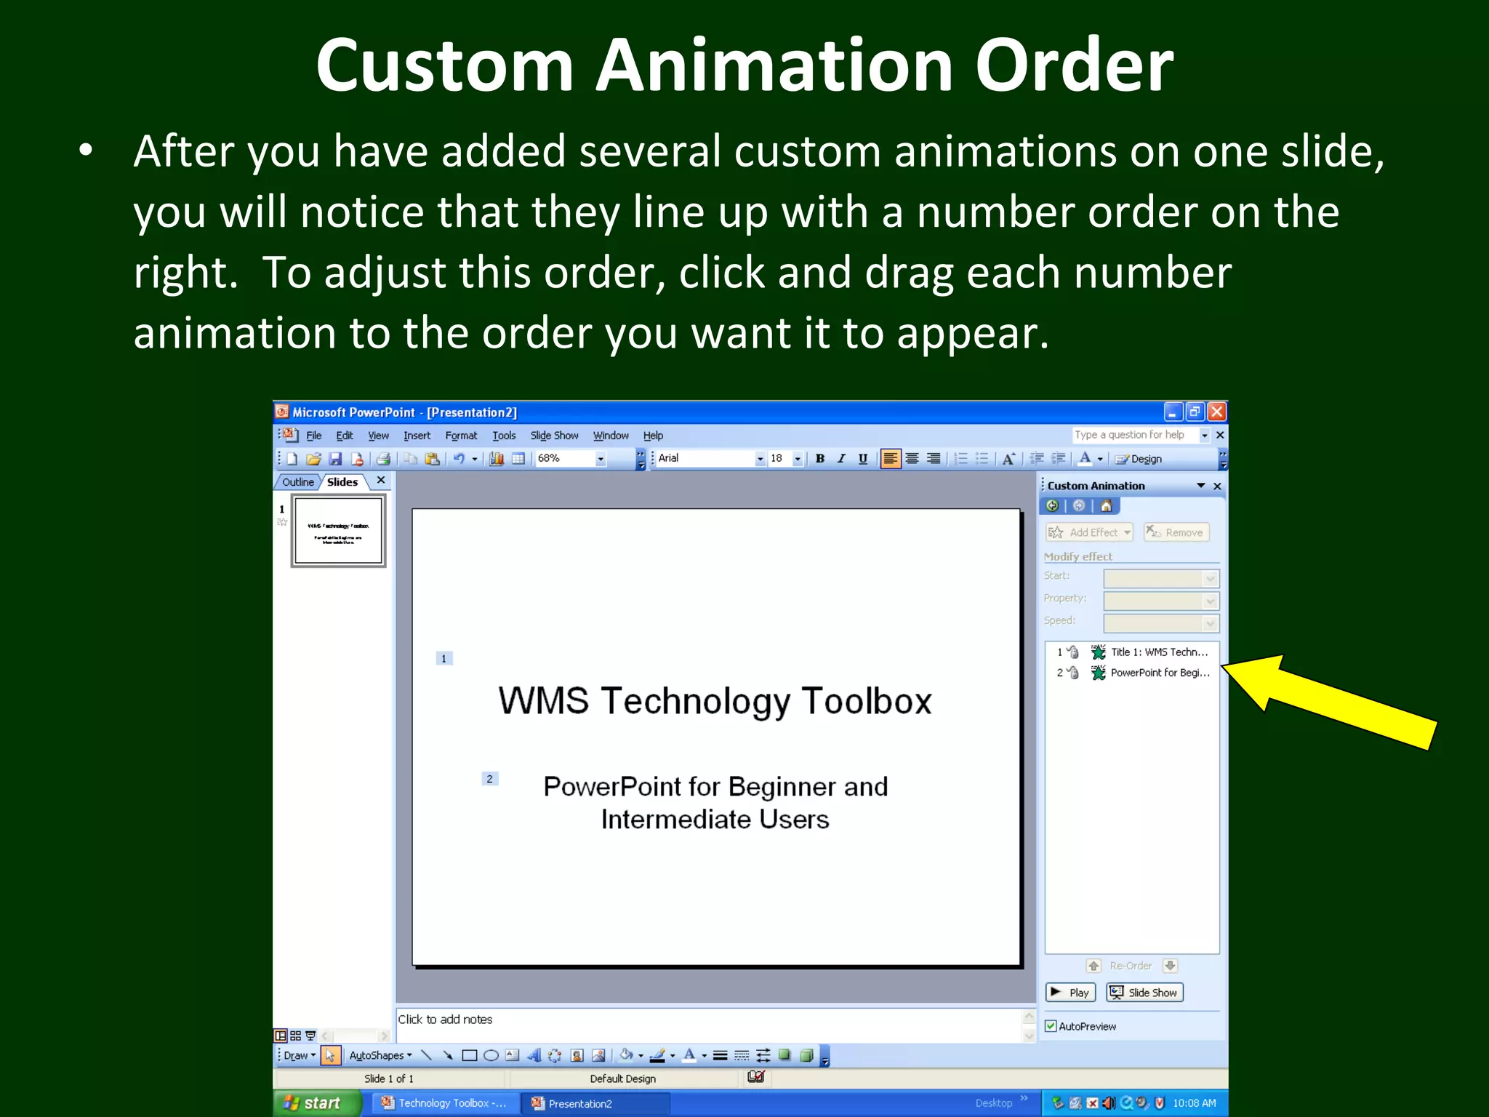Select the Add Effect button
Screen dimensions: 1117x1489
1088,532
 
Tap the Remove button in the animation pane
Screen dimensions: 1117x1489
1176,532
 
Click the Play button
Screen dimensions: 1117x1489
1070,993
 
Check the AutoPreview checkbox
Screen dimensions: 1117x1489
1051,1026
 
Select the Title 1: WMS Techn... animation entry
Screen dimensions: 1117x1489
1158,652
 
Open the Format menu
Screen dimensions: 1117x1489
461,436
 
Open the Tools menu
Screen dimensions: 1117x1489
504,436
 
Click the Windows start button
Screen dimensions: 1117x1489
313,1103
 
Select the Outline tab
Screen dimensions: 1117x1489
298,482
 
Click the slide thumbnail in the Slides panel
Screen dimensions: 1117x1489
338,530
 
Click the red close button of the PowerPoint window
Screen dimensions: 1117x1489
1217,412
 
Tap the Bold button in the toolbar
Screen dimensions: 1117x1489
820,459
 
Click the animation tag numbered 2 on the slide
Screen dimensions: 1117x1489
490,779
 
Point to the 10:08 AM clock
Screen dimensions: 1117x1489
1194,1103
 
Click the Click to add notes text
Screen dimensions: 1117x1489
445,1020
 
